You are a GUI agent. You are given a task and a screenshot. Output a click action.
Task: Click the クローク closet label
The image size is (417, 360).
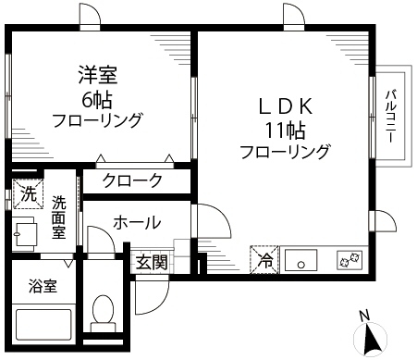point(133,181)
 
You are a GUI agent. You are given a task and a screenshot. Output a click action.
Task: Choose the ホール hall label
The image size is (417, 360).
point(137,222)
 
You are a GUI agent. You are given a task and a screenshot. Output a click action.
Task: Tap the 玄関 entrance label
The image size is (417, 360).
point(152,263)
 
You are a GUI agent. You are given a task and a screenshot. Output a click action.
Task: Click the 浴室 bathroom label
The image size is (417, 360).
point(43,286)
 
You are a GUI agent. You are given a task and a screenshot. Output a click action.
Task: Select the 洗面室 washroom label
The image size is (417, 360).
point(59,217)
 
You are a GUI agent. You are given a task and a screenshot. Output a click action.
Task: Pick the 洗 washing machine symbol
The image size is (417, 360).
point(28,195)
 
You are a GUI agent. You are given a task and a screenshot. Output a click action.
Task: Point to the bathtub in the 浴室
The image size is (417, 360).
point(44,326)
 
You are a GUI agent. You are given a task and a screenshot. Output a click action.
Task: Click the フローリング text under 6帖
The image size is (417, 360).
point(96,119)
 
